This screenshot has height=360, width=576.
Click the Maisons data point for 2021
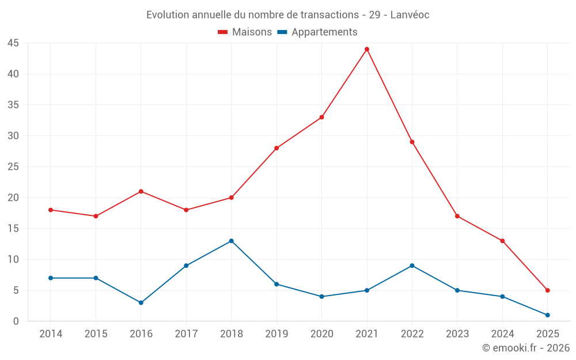[367, 49]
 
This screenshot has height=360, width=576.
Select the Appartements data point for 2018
[231, 241]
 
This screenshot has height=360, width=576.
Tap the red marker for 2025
[547, 290]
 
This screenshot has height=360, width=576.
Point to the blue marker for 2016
[141, 302]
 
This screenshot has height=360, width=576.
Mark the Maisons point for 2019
[276, 148]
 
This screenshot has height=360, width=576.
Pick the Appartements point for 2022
[412, 266]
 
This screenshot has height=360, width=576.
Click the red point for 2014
[51, 210]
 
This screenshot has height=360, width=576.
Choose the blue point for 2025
[547, 315]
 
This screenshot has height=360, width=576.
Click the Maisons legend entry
[245, 32]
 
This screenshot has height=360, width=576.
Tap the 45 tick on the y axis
[13, 43]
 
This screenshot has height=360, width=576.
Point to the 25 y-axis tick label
[13, 167]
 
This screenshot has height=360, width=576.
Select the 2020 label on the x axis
[321, 334]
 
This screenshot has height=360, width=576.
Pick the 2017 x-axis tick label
[186, 334]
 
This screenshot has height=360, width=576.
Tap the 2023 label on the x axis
[457, 334]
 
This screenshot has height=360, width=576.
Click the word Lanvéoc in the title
[410, 14]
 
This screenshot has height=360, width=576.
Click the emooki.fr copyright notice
[526, 348]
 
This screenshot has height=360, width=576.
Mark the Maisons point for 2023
[457, 216]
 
